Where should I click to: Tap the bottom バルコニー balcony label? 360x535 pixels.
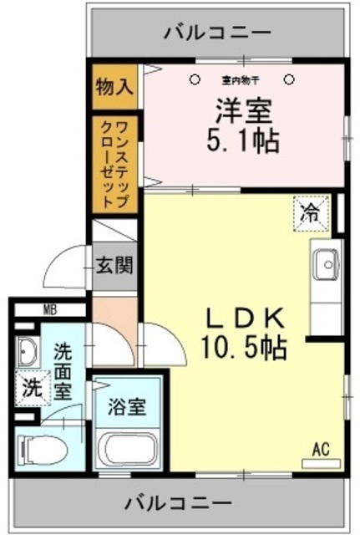(x=178, y=503)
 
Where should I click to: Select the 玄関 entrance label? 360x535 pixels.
(x=114, y=267)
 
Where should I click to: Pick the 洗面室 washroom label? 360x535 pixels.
(x=62, y=372)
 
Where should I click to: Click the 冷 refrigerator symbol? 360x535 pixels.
(x=310, y=212)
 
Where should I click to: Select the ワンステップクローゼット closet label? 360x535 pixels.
(x=115, y=163)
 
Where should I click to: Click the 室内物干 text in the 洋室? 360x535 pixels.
(x=241, y=80)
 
